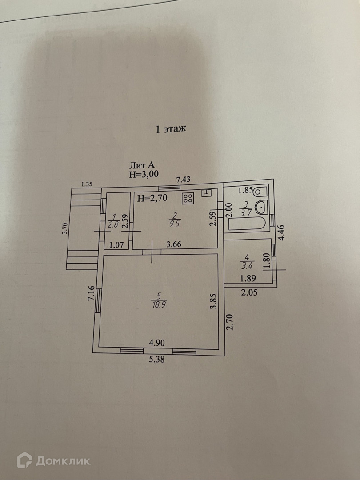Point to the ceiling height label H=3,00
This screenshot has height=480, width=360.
[144, 175]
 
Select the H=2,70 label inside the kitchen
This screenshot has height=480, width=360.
[152, 199]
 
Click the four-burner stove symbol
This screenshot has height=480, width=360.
[187, 198]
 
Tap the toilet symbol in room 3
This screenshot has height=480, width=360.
[260, 192]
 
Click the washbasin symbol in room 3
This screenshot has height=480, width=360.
[262, 208]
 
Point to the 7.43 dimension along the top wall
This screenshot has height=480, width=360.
[184, 180]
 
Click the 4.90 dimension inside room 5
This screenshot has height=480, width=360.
[157, 343]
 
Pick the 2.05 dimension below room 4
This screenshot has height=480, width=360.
[249, 292]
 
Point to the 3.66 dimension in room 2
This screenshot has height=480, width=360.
[174, 244]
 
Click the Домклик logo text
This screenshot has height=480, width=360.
[63, 460]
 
